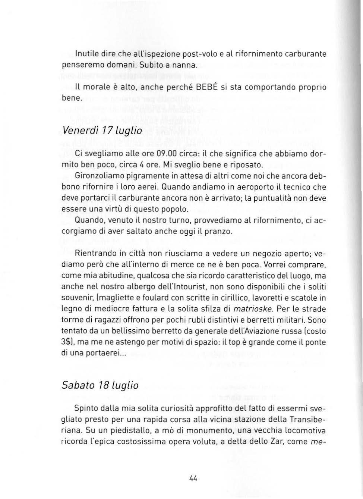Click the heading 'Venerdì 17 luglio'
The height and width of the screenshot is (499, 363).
pos(101,131)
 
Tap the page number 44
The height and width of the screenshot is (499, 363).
pos(193,478)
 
